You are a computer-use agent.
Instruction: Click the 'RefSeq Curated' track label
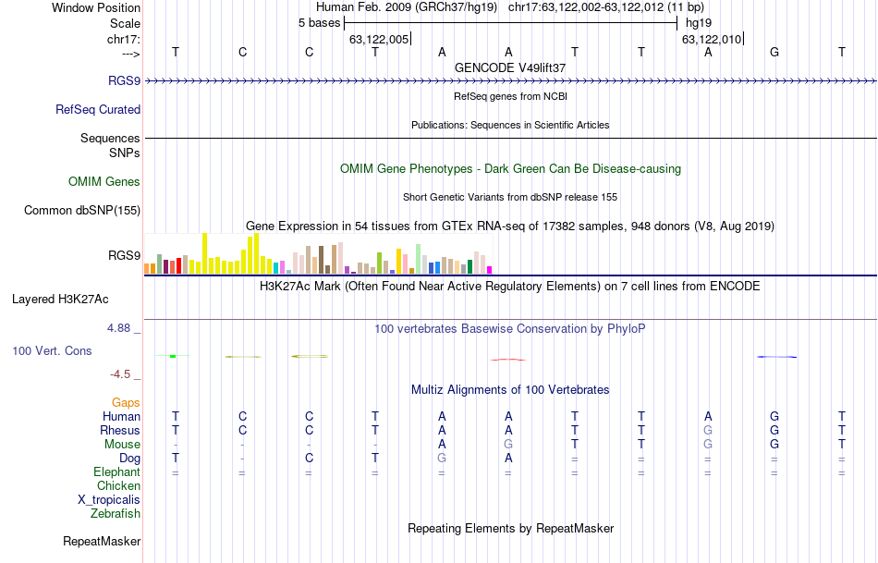coord(98,109)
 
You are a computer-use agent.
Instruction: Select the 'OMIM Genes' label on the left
coord(104,181)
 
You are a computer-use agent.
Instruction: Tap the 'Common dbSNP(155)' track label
coord(82,210)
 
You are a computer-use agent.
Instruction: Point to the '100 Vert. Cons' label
coord(53,351)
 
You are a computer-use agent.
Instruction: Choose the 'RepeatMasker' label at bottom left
coord(102,541)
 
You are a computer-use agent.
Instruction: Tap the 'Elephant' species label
coord(116,471)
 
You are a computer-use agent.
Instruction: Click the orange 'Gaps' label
coord(126,403)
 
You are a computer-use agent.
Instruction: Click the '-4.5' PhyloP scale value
coord(123,374)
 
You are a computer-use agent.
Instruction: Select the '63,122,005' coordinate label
coord(379,39)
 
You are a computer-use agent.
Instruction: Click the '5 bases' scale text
coord(319,23)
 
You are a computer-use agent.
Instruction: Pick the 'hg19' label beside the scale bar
coord(699,23)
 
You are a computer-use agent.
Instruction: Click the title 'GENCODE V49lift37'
coord(510,67)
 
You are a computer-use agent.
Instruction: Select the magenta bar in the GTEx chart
coord(490,269)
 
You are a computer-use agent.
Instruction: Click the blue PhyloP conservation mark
coord(776,357)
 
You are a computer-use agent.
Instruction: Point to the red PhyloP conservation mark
coord(508,359)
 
